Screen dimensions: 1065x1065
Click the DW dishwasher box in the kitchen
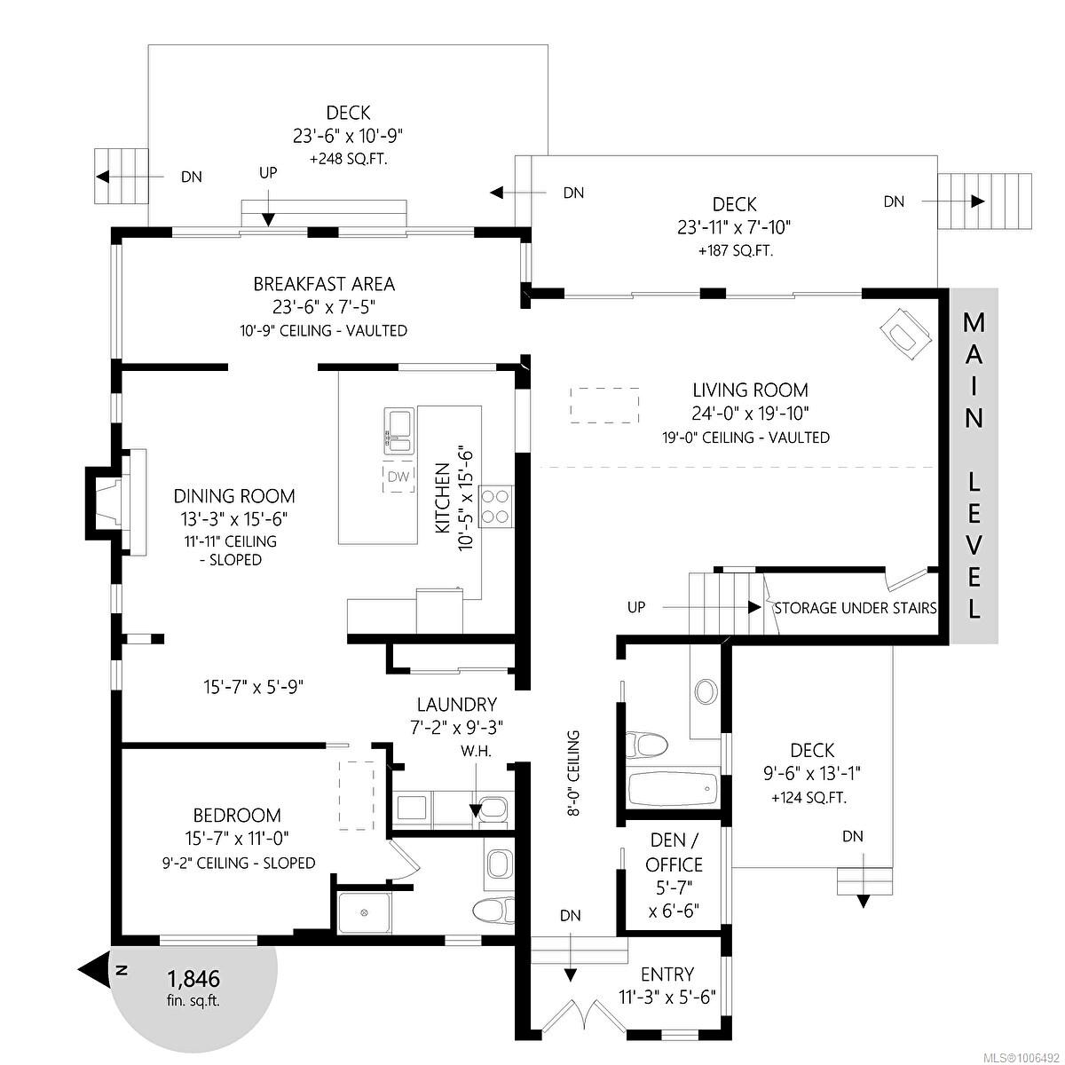[x=398, y=477]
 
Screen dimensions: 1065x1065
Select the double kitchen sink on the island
[x=398, y=430]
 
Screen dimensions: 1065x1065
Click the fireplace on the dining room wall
[x=114, y=498]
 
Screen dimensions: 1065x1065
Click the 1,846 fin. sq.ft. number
[x=193, y=979]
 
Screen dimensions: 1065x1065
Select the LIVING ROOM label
[x=750, y=390]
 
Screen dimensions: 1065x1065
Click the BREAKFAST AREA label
[x=324, y=284]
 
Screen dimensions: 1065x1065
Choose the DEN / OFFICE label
[x=674, y=852]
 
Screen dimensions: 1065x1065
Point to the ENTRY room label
[x=667, y=974]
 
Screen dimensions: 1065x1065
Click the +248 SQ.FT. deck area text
[x=348, y=160]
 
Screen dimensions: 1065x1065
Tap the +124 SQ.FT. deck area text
[x=809, y=797]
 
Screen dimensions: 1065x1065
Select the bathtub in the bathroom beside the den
[x=672, y=788]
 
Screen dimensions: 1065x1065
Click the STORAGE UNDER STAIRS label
[x=855, y=608]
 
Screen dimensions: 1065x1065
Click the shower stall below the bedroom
[x=364, y=911]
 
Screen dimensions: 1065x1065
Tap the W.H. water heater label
[x=476, y=751]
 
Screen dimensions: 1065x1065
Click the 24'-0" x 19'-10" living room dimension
[x=750, y=413]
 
